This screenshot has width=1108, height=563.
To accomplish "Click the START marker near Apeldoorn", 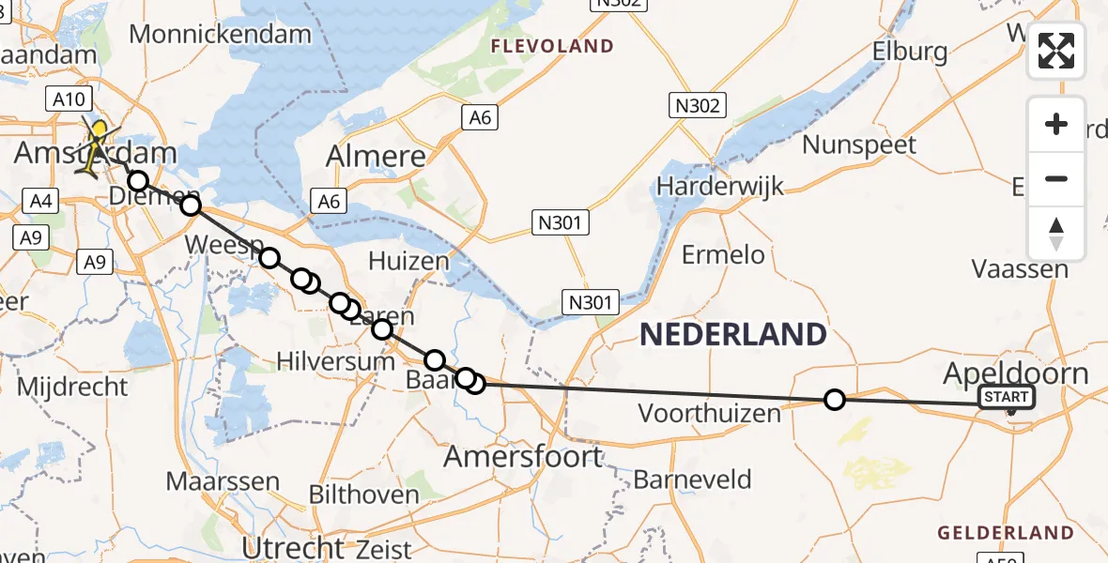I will click(1007, 398).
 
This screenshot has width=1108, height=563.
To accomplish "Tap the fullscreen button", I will click(1056, 51).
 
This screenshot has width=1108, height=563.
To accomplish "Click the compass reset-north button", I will click(1056, 234).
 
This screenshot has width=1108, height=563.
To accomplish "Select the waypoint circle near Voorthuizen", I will click(834, 400).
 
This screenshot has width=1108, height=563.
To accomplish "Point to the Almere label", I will click(376, 157).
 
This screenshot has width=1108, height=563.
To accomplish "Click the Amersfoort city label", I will click(523, 457).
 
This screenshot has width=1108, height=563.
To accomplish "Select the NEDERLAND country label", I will click(733, 334).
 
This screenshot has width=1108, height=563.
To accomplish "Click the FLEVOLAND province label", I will click(551, 45).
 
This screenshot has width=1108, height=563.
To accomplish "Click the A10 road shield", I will click(70, 99).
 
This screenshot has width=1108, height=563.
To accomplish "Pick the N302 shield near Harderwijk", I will click(696, 105).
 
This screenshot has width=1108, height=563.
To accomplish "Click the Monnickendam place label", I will click(220, 35).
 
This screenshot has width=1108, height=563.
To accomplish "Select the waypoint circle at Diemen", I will click(138, 180).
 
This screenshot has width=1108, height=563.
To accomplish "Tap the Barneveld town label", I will click(693, 480).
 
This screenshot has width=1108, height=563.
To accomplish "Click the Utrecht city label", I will click(294, 547).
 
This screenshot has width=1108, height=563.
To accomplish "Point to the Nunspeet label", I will click(859, 145).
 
